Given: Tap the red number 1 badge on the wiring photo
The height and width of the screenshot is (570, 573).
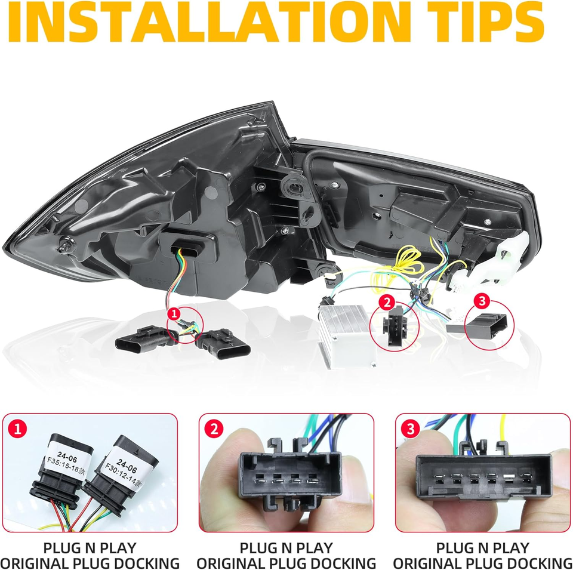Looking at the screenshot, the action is point(174,313).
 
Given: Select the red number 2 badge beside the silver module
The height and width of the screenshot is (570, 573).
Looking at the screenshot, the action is point(387,302).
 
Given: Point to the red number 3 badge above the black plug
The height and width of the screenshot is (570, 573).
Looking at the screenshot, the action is point(482,301).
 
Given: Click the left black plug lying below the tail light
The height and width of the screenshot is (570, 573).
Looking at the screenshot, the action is point(142,340).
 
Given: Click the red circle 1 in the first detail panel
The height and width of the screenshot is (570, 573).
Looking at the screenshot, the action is point(17,428).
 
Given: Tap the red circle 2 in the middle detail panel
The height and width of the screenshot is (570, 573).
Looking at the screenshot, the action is point(214,428).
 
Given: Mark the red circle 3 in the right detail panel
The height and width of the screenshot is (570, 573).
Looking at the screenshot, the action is point(410,428).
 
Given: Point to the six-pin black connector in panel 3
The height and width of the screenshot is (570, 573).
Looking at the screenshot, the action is point(483,475).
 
